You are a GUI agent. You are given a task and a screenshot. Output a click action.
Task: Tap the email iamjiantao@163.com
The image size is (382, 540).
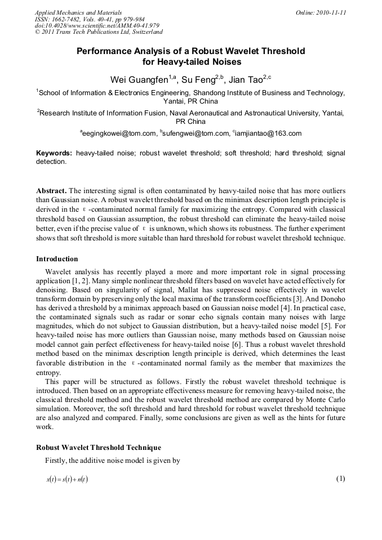pyautogui.click(x=268, y=133)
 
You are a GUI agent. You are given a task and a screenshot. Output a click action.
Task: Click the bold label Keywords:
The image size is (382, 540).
pyautogui.click(x=54, y=153)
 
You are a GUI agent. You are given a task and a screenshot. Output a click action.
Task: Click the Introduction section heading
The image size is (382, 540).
pyautogui.click(x=57, y=259)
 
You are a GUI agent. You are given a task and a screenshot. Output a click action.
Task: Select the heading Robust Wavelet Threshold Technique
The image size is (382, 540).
pyautogui.click(x=99, y=448)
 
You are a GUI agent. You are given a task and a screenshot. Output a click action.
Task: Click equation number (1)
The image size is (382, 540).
pyautogui.click(x=340, y=479)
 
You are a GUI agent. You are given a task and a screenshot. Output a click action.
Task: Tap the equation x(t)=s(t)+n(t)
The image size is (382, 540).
pyautogui.click(x=67, y=480)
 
